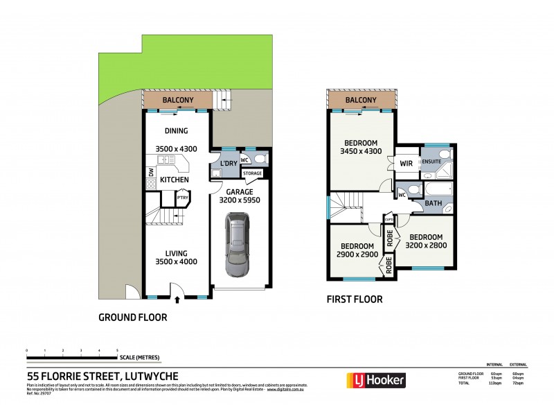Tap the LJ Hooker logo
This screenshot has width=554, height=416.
(x=375, y=379)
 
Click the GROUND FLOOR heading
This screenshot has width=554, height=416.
(x=134, y=318)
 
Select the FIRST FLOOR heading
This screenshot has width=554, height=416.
(x=354, y=300)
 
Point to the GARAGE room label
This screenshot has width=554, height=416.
(x=238, y=191)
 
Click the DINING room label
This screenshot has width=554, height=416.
(x=176, y=131)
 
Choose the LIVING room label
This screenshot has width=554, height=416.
(x=176, y=252)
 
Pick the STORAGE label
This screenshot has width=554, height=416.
(x=252, y=173)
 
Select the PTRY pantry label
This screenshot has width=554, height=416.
(x=182, y=198)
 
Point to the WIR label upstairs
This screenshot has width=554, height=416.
(x=406, y=164)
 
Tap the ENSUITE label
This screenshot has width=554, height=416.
(x=431, y=162)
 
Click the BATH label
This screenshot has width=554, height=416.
(x=434, y=203)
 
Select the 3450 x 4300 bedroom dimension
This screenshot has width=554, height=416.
(x=361, y=150)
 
